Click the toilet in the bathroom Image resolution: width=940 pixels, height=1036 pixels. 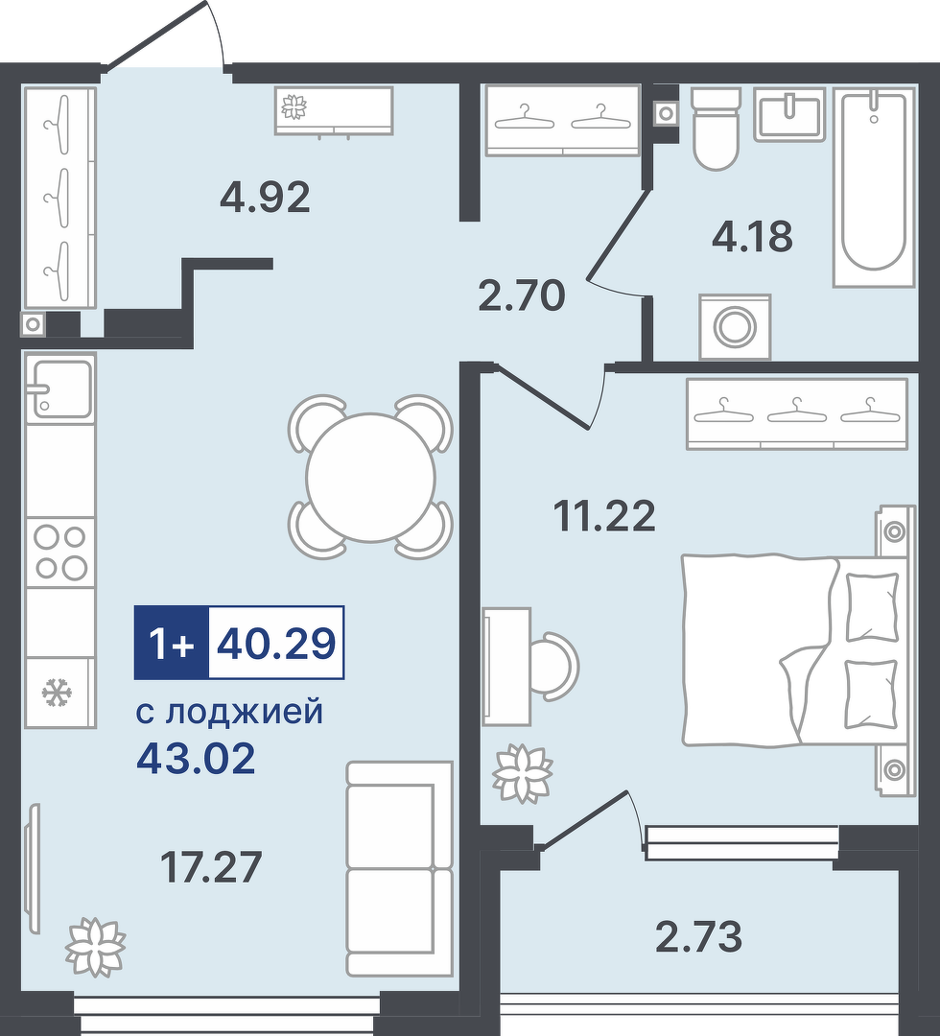[x=715, y=129]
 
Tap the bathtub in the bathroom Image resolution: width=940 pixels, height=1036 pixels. [x=874, y=186]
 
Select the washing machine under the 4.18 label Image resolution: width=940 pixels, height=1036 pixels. [x=736, y=326]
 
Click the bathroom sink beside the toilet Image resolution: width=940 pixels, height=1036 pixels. [x=789, y=113]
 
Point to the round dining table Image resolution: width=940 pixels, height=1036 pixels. [x=370, y=477]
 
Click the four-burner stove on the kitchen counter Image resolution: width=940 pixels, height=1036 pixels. [x=60, y=553]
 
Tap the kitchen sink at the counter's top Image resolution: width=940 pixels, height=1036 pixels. [x=60, y=388]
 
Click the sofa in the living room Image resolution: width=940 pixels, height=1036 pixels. [x=400, y=868]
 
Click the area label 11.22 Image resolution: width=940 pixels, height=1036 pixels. [x=604, y=516]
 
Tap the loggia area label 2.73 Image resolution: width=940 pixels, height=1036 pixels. [x=699, y=936]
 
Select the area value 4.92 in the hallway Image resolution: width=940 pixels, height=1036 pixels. [x=264, y=197]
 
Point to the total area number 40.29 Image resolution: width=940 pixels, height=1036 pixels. [x=276, y=643]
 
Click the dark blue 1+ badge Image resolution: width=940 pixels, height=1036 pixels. [x=172, y=643]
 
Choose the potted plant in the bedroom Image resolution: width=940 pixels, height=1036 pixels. [x=523, y=773]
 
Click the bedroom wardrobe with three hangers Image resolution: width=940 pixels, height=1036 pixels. [x=797, y=413]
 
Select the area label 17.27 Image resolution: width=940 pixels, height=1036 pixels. [x=211, y=867]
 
